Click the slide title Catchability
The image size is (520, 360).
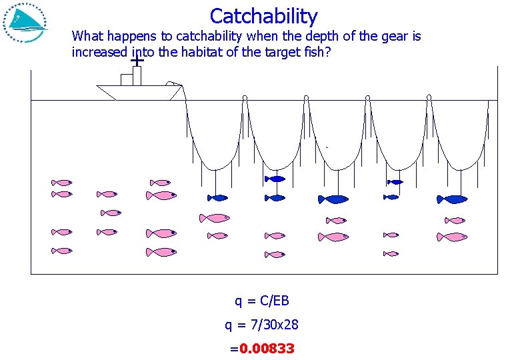pos(263,15)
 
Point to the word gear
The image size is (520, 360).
pos(395,36)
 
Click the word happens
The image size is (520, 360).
pos(132,36)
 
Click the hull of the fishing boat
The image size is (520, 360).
pos(137,93)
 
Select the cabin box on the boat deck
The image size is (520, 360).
pos(131,77)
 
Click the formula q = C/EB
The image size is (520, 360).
pos(261,301)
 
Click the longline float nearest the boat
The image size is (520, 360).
pos(245,99)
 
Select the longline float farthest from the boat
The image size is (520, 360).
pos(429,99)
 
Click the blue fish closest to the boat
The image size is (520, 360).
pos(218,197)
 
